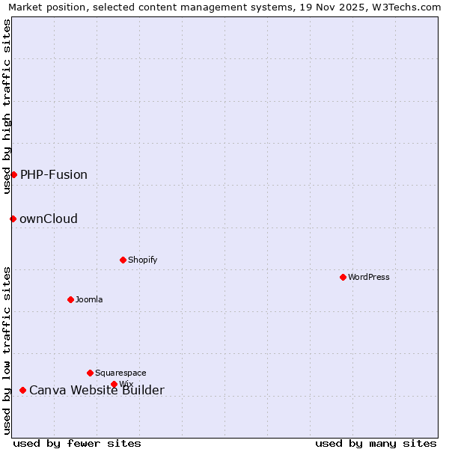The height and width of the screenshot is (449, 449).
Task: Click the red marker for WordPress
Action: pyautogui.click(x=343, y=277)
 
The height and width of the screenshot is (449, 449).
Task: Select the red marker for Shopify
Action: pyautogui.click(x=123, y=260)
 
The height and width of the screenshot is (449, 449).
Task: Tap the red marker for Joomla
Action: pyautogui.click(x=70, y=299)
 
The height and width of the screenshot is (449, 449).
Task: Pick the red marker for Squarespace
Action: pyautogui.click(x=90, y=373)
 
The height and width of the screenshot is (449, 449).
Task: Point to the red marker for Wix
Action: pyautogui.click(x=114, y=385)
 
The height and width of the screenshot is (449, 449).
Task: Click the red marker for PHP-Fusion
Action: pyautogui.click(x=13, y=174)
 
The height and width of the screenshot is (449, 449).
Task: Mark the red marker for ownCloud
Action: pyautogui.click(x=13, y=219)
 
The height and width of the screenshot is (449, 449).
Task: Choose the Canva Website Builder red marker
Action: pyautogui.click(x=22, y=390)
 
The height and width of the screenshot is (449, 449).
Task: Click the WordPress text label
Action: pyautogui.click(x=369, y=277)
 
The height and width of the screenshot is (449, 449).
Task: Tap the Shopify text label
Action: pyautogui.click(x=142, y=260)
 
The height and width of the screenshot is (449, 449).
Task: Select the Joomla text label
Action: pyautogui.click(x=89, y=299)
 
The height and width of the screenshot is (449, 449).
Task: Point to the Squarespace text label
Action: pyautogui.click(x=120, y=373)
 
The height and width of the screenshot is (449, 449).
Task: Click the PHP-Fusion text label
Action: pyautogui.click(x=54, y=175)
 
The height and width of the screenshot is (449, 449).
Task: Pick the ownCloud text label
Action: pyautogui.click(x=49, y=219)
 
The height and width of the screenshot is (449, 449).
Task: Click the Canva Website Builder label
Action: pyautogui.click(x=97, y=391)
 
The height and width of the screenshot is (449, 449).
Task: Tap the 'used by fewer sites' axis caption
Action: pyautogui.click(x=77, y=443)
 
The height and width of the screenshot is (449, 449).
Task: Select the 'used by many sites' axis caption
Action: pyautogui.click(x=376, y=443)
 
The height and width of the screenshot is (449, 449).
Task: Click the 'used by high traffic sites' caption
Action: pyautogui.click(x=7, y=106)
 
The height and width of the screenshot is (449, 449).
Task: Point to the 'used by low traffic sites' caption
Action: pyautogui.click(x=7, y=350)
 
